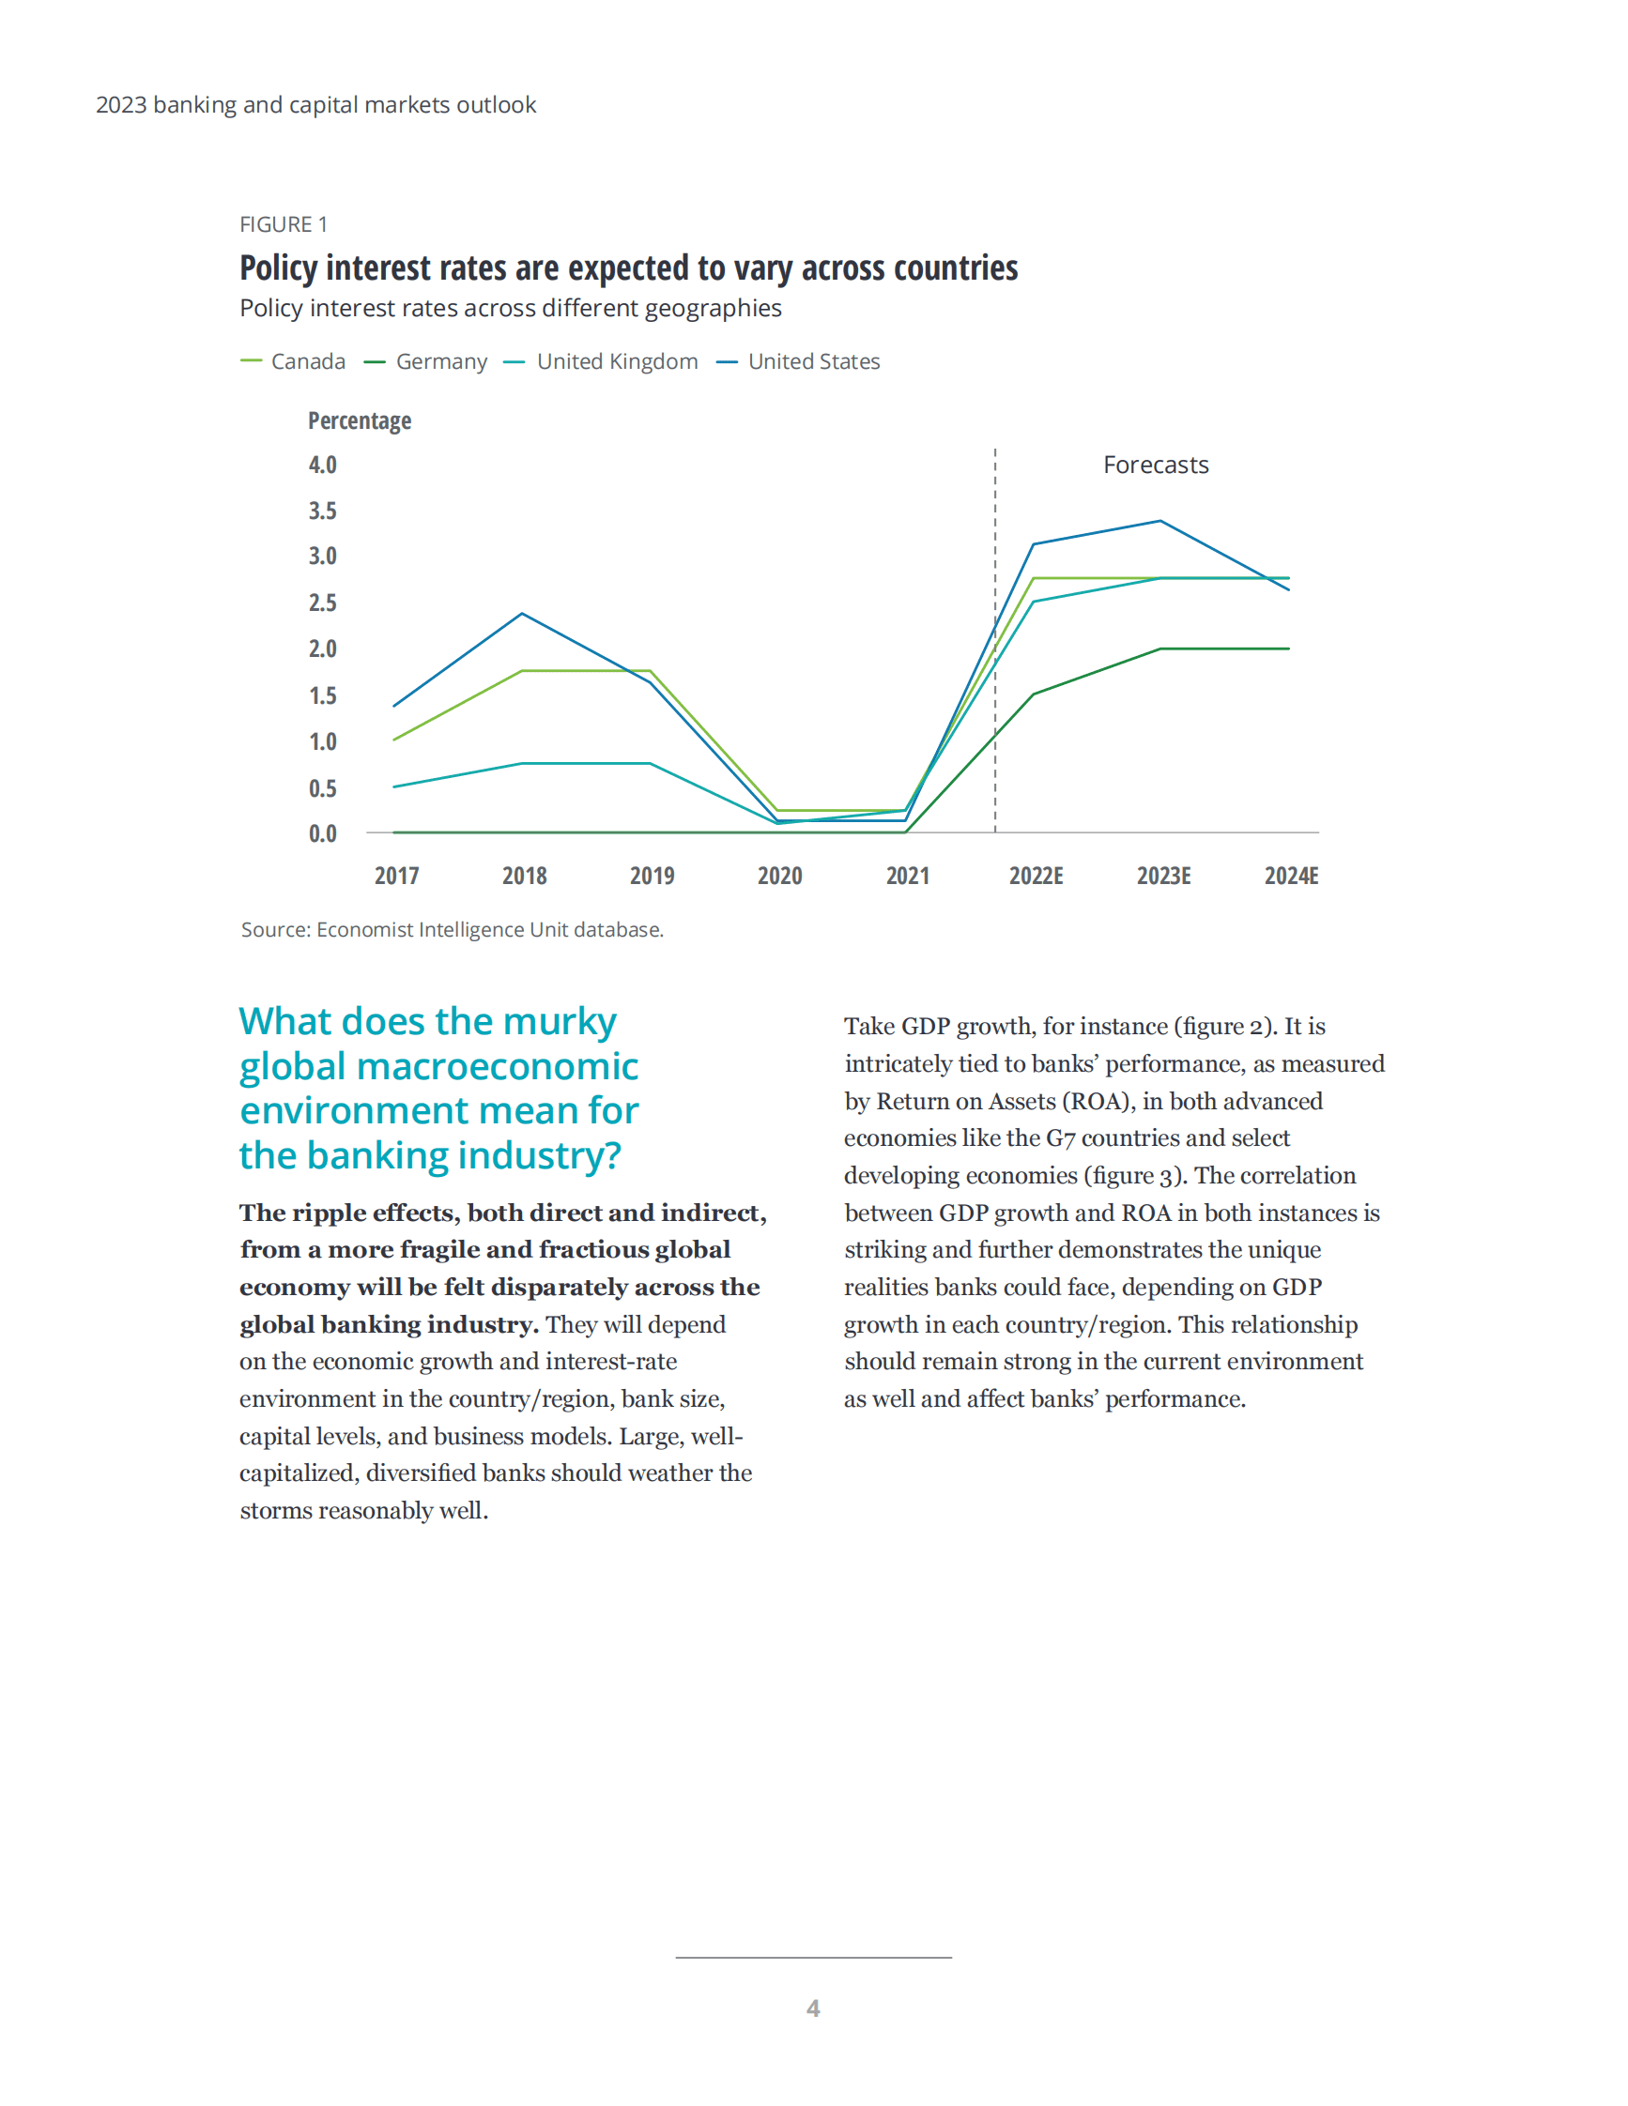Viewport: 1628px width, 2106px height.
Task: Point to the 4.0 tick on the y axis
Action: tap(322, 465)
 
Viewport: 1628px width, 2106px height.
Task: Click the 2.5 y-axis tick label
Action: tap(322, 603)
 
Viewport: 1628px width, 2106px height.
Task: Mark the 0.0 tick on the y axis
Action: tap(322, 833)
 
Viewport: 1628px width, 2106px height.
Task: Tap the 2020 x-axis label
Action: tap(779, 876)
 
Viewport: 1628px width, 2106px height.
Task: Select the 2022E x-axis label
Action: tap(1036, 876)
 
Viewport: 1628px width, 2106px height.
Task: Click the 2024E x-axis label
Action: tap(1290, 876)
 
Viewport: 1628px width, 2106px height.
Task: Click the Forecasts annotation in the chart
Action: tap(1156, 465)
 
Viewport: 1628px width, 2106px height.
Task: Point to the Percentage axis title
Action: tap(360, 420)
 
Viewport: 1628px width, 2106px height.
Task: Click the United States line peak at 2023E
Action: tap(1160, 522)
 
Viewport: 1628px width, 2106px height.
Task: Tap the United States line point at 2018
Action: tap(522, 613)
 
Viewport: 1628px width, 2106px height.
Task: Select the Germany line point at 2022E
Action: tap(1033, 694)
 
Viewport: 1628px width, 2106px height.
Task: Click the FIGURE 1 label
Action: tap(284, 224)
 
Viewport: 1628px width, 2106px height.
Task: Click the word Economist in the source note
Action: tap(362, 929)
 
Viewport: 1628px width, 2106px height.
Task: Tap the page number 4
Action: tap(813, 2008)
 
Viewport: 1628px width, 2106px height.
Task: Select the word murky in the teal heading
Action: tap(560, 1021)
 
